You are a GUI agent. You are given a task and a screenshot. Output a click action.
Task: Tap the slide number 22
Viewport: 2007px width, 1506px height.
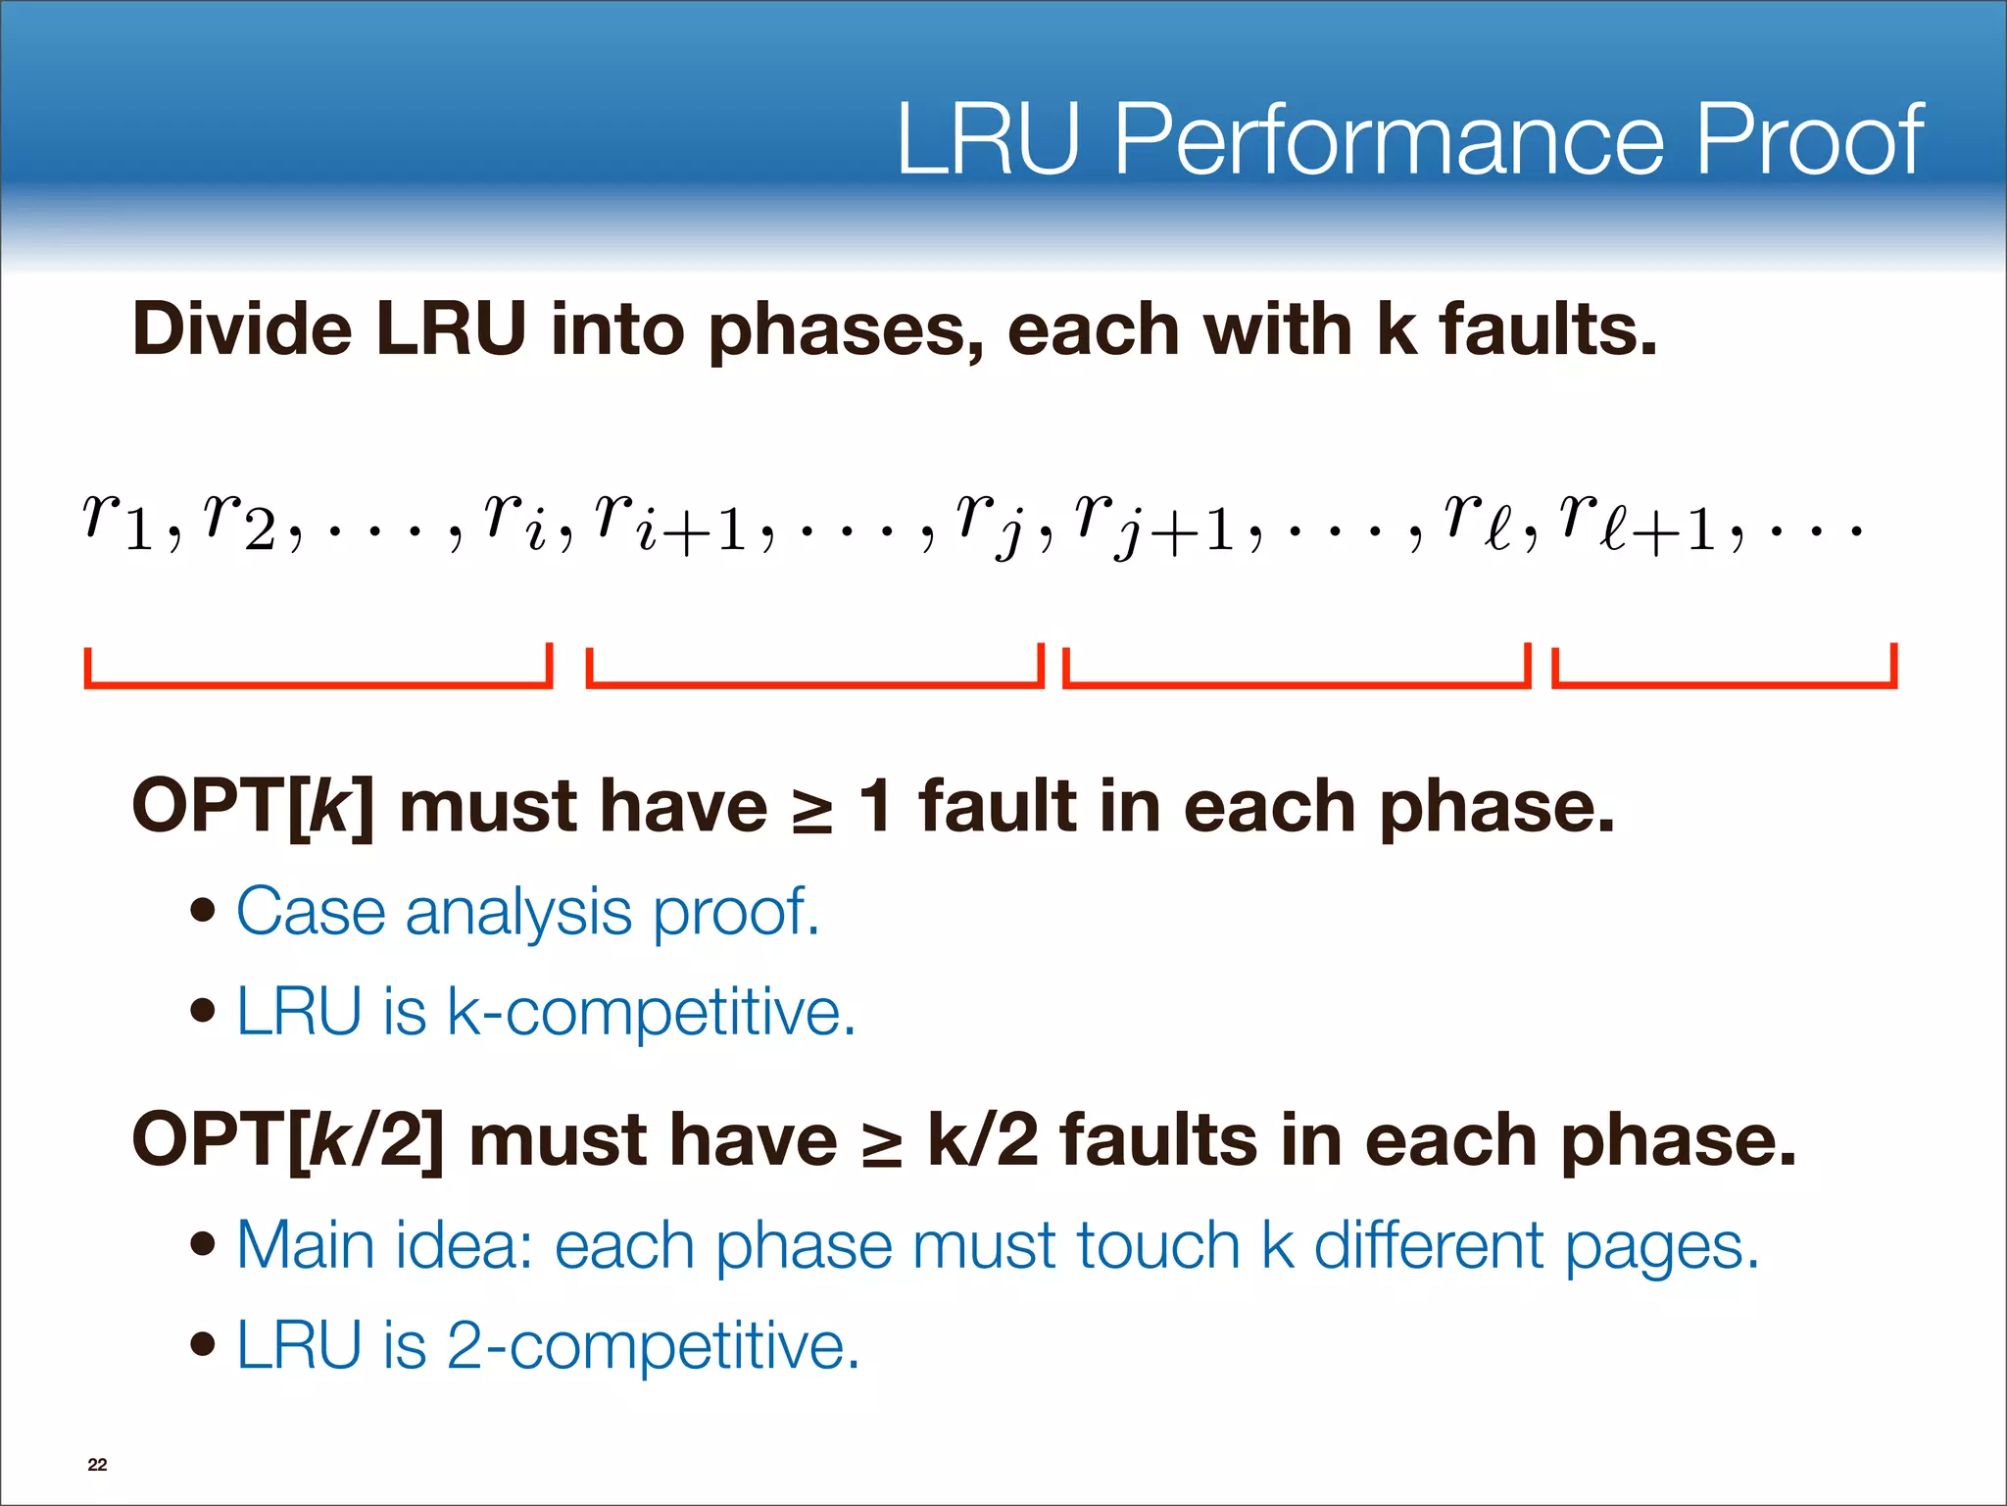click(x=97, y=1464)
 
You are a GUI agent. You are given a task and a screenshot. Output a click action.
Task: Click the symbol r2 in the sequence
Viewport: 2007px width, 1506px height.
click(x=239, y=520)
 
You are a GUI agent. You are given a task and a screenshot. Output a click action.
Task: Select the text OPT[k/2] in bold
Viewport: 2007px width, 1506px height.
click(x=288, y=1141)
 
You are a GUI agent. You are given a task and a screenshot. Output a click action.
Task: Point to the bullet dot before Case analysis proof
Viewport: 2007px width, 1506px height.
click(x=203, y=912)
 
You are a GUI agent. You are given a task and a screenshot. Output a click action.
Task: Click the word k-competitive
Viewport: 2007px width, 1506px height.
click(x=651, y=1012)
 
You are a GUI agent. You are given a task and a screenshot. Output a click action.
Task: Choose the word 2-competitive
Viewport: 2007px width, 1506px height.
click(x=653, y=1345)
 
